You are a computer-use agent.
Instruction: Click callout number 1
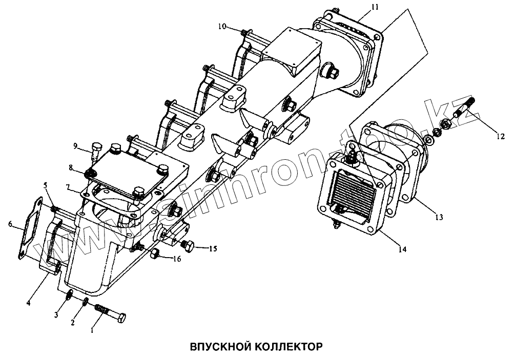click(x=92, y=330)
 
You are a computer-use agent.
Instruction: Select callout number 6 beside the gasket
click(x=10, y=223)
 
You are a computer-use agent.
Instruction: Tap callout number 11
click(x=375, y=8)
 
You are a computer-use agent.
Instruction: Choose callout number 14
click(x=403, y=249)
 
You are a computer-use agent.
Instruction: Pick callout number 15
click(x=213, y=249)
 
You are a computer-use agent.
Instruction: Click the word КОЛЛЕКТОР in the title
click(x=286, y=347)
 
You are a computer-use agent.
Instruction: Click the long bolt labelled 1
click(x=110, y=313)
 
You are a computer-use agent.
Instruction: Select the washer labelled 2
click(x=86, y=301)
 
